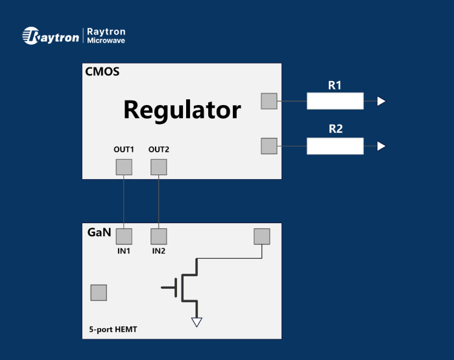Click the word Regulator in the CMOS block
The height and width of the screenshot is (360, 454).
pyautogui.click(x=182, y=110)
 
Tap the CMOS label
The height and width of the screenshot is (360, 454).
pyautogui.click(x=102, y=71)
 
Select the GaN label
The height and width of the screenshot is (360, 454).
pyautogui.click(x=99, y=232)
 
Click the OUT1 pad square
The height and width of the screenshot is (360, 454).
pyautogui.click(x=124, y=167)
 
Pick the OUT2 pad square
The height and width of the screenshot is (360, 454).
pyautogui.click(x=159, y=167)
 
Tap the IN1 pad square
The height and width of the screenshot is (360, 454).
pyautogui.click(x=124, y=236)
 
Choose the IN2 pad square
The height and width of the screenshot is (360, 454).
pyautogui.click(x=159, y=236)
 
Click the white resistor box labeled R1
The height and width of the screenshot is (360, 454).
pyautogui.click(x=335, y=101)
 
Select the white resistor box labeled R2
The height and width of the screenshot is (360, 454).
pyautogui.click(x=335, y=146)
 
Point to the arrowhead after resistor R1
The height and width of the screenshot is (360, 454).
pyautogui.click(x=381, y=101)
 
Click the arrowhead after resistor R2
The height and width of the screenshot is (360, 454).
pyautogui.click(x=381, y=146)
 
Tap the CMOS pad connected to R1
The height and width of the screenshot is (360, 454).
pyautogui.click(x=269, y=101)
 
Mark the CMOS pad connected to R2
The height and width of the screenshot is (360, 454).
pyautogui.click(x=269, y=146)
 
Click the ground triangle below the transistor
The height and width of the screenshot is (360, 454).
pyautogui.click(x=197, y=322)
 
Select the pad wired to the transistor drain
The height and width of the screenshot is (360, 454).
pyautogui.click(x=262, y=236)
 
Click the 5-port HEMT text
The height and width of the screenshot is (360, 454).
pyautogui.click(x=113, y=330)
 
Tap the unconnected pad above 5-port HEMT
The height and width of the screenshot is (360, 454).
pyautogui.click(x=99, y=293)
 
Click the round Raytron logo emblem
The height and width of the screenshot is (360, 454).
pyautogui.click(x=31, y=36)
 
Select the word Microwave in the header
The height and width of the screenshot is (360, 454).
pyautogui.click(x=106, y=41)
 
